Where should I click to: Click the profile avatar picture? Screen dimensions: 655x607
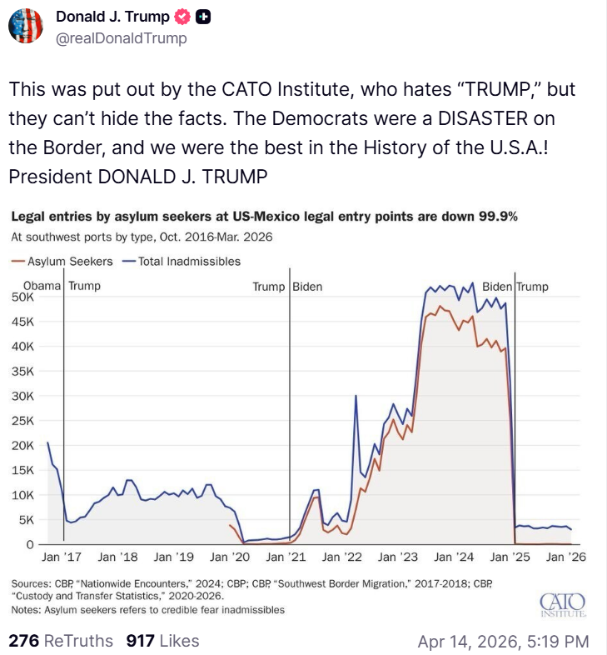[x=26, y=26]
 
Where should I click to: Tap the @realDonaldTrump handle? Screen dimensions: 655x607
[x=121, y=38]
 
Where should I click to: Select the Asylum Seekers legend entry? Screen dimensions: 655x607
[x=57, y=261]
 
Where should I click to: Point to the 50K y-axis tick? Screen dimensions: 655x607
[x=22, y=297]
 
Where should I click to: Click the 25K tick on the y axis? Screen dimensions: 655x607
[x=22, y=420]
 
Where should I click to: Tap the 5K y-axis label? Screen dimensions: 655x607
[x=26, y=519]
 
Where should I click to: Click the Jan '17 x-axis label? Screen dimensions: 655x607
[x=61, y=556]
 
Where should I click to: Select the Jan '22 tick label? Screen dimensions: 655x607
[x=341, y=556]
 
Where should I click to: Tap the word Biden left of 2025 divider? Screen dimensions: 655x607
[x=497, y=286]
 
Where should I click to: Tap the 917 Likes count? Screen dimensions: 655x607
[x=162, y=640]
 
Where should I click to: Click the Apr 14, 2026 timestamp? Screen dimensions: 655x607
[x=503, y=641]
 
